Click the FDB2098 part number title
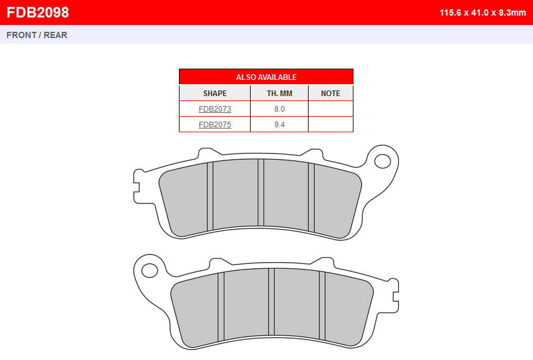pos(38,12)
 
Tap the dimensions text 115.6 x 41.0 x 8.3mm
pos(483,12)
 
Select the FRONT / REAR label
pos(37,35)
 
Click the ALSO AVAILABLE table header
pos(266,77)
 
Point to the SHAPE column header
pos(215,93)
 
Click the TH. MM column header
pos(279,93)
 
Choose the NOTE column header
pos(330,93)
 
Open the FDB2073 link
pos(215,109)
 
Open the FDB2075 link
pos(215,125)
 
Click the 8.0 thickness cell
pos(279,109)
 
